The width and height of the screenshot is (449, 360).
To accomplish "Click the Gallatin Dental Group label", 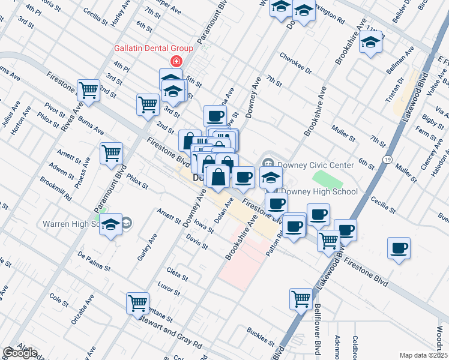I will [154, 49].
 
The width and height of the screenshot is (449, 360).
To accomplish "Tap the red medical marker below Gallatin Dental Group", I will [176, 61].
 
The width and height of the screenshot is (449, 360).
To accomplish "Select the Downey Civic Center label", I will [310, 164].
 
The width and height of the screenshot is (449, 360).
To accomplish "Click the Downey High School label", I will [319, 192].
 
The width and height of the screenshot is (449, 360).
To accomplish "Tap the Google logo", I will [20, 353].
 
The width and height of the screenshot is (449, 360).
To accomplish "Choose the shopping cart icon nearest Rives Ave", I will [88, 91].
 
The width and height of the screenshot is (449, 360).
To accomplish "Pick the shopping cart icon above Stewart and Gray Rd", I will [138, 303].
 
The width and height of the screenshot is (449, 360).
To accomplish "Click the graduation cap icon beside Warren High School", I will [110, 224].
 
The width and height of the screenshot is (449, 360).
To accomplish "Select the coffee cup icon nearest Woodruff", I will [399, 248].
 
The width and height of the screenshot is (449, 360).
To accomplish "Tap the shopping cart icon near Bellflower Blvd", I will [301, 298].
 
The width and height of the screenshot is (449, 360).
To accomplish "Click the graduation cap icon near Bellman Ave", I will [371, 42].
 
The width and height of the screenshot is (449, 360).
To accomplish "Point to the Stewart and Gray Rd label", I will [170, 336].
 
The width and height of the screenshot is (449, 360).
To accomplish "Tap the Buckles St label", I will [260, 336].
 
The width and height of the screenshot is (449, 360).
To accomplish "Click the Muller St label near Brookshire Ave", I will [344, 133].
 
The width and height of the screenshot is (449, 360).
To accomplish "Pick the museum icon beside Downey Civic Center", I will [268, 163].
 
